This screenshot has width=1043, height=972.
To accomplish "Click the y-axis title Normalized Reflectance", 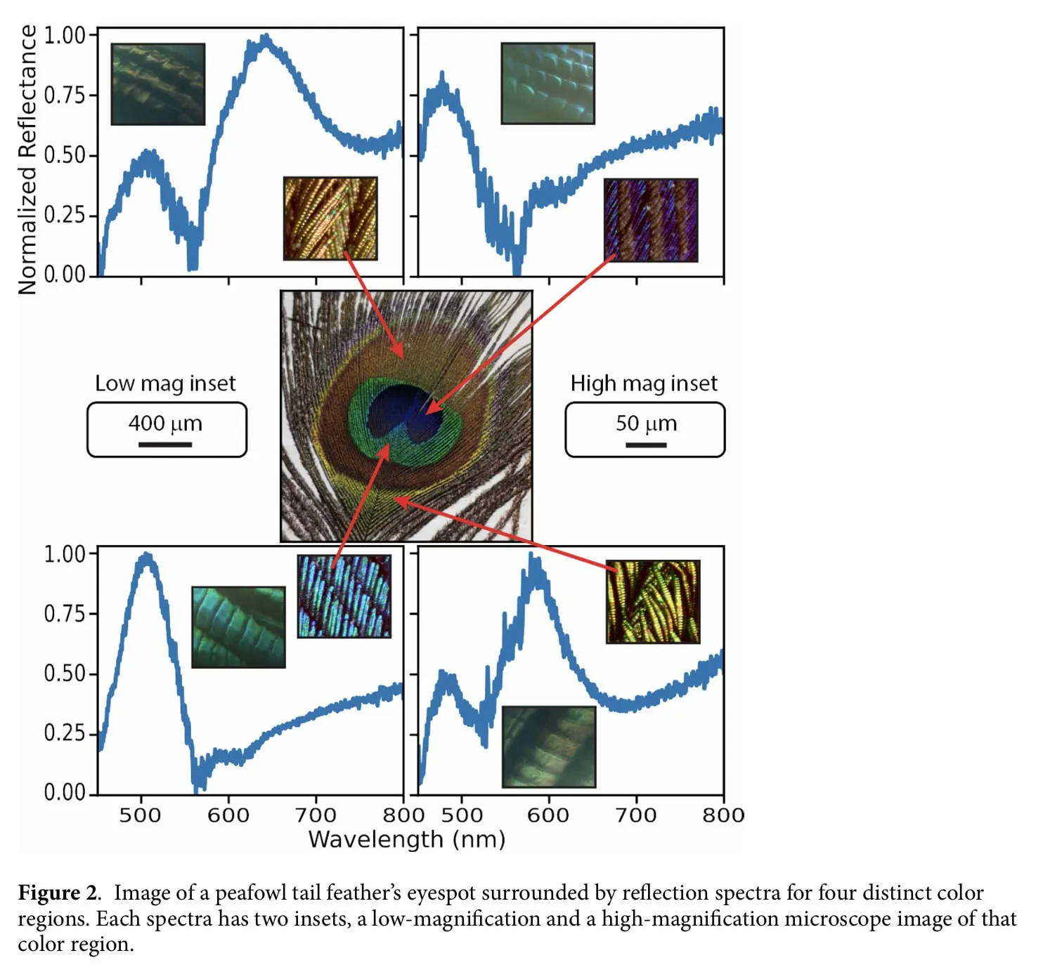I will (x=27, y=160).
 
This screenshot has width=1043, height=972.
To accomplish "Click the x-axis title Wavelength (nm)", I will (x=406, y=839).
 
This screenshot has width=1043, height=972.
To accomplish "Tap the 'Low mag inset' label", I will (x=165, y=383).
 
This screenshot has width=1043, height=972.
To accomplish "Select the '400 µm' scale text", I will (x=165, y=423).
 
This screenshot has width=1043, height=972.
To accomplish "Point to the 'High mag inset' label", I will (x=644, y=383).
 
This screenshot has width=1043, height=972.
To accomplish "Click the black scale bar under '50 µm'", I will (x=646, y=445).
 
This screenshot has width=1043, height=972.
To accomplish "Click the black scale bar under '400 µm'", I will (x=165, y=445).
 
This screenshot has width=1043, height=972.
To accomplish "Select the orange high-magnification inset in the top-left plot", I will (x=330, y=218).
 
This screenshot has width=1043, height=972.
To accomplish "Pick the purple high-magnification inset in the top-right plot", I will (x=651, y=220).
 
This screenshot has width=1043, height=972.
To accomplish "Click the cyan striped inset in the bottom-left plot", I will (x=344, y=596).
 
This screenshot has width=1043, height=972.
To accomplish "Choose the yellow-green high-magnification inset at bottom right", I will (x=653, y=602).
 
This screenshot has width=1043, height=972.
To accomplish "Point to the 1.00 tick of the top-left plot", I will (x=65, y=35).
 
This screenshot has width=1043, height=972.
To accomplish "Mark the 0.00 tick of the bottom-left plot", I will (x=65, y=792).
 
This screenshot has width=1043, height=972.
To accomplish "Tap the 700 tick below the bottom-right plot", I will (x=636, y=815).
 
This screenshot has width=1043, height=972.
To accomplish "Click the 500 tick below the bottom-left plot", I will (x=141, y=815).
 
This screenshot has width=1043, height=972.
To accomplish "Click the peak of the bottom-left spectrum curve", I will (x=147, y=556).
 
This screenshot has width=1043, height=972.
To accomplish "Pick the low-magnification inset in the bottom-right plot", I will (x=549, y=747).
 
